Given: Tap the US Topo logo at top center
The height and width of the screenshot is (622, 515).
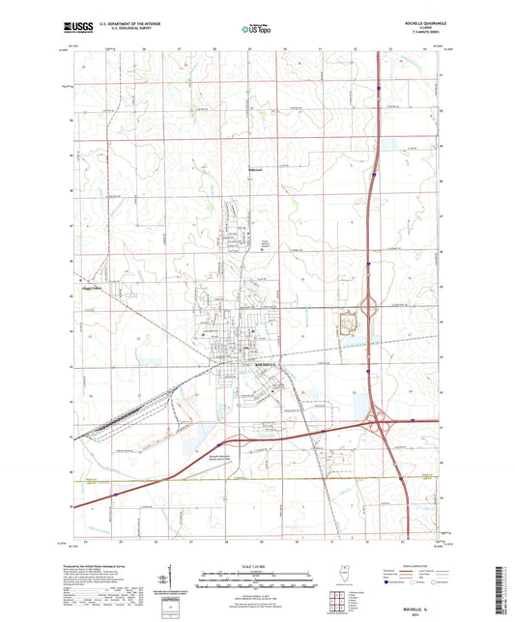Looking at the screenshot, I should pos(256,29).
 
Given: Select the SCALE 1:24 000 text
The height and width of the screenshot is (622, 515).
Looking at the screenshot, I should pos(256,565).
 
